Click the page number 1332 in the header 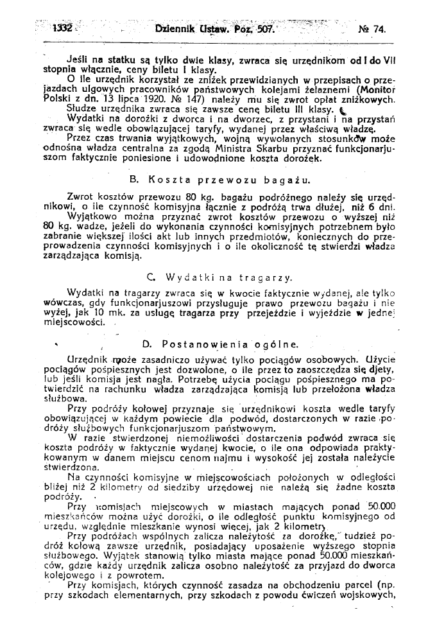pyautogui.click(x=63, y=28)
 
